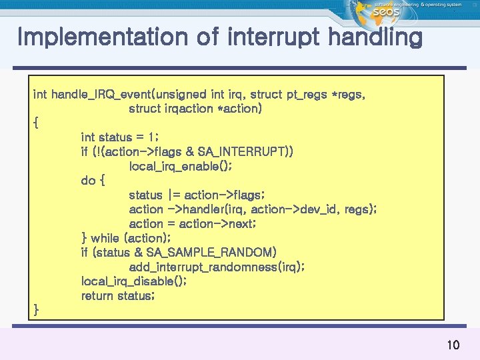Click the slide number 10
tap(453, 345)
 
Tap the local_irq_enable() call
tap(180, 166)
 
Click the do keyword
tap(88, 180)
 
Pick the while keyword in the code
tap(105, 238)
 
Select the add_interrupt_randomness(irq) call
tap(217, 267)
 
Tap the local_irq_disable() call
tap(133, 281)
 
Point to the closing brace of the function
tap(36, 309)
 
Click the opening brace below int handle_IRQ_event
tap(36, 123)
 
